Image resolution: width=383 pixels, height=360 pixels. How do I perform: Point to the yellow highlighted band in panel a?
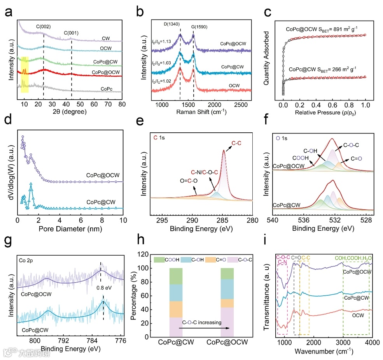pos(24,69)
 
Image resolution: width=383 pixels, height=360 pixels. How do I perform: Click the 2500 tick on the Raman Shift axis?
pos(240,106)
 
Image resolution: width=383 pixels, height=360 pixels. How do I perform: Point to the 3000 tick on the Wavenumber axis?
pos(343,342)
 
